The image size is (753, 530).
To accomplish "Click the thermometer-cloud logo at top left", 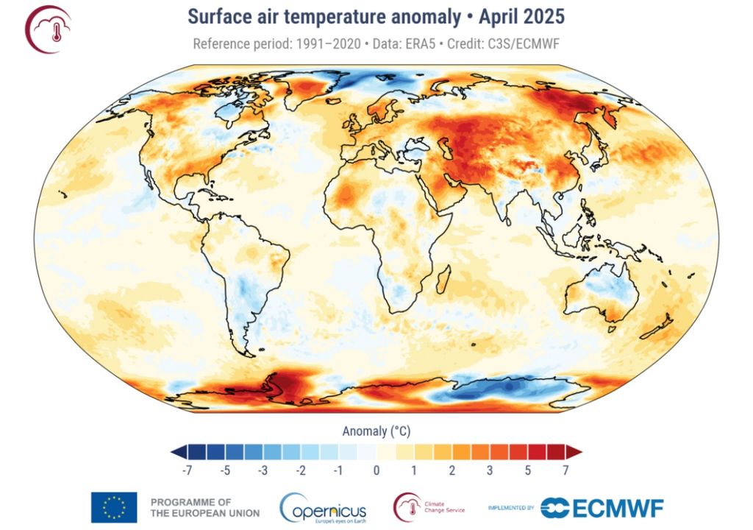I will coord(48,29).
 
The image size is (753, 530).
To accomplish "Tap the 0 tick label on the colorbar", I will coord(376,470).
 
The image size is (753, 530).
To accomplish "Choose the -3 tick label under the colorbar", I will coord(263,470).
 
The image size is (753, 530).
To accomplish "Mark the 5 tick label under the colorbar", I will coord(527,470).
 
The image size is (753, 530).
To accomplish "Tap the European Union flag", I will coord(113,506).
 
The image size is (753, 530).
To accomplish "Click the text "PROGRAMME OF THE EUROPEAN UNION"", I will coord(204,507).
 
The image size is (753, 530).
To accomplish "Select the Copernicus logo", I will coord(323,506).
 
